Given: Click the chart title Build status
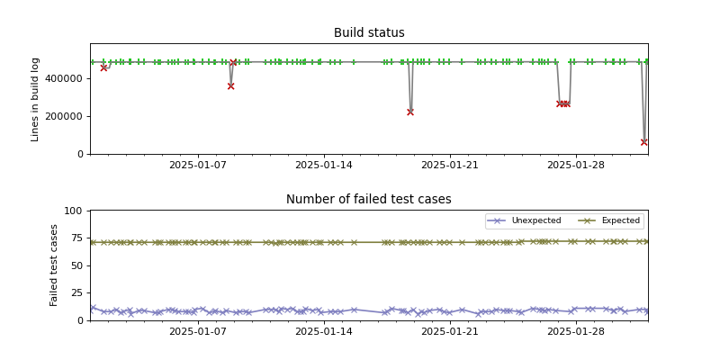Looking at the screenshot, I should (369, 33).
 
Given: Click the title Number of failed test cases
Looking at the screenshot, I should (369, 200).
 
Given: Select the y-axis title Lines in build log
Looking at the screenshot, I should (36, 98).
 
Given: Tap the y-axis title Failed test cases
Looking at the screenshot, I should (54, 265).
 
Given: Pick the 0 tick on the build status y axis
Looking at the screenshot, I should (80, 154).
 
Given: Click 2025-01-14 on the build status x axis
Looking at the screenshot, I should (323, 166).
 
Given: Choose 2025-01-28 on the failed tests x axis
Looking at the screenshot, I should (575, 332).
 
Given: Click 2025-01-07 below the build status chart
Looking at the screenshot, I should (197, 166).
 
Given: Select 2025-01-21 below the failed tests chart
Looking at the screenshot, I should (449, 332).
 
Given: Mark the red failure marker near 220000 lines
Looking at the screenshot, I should (410, 112).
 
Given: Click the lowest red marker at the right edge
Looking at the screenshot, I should (644, 142).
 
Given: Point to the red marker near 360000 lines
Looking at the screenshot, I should (230, 86).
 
